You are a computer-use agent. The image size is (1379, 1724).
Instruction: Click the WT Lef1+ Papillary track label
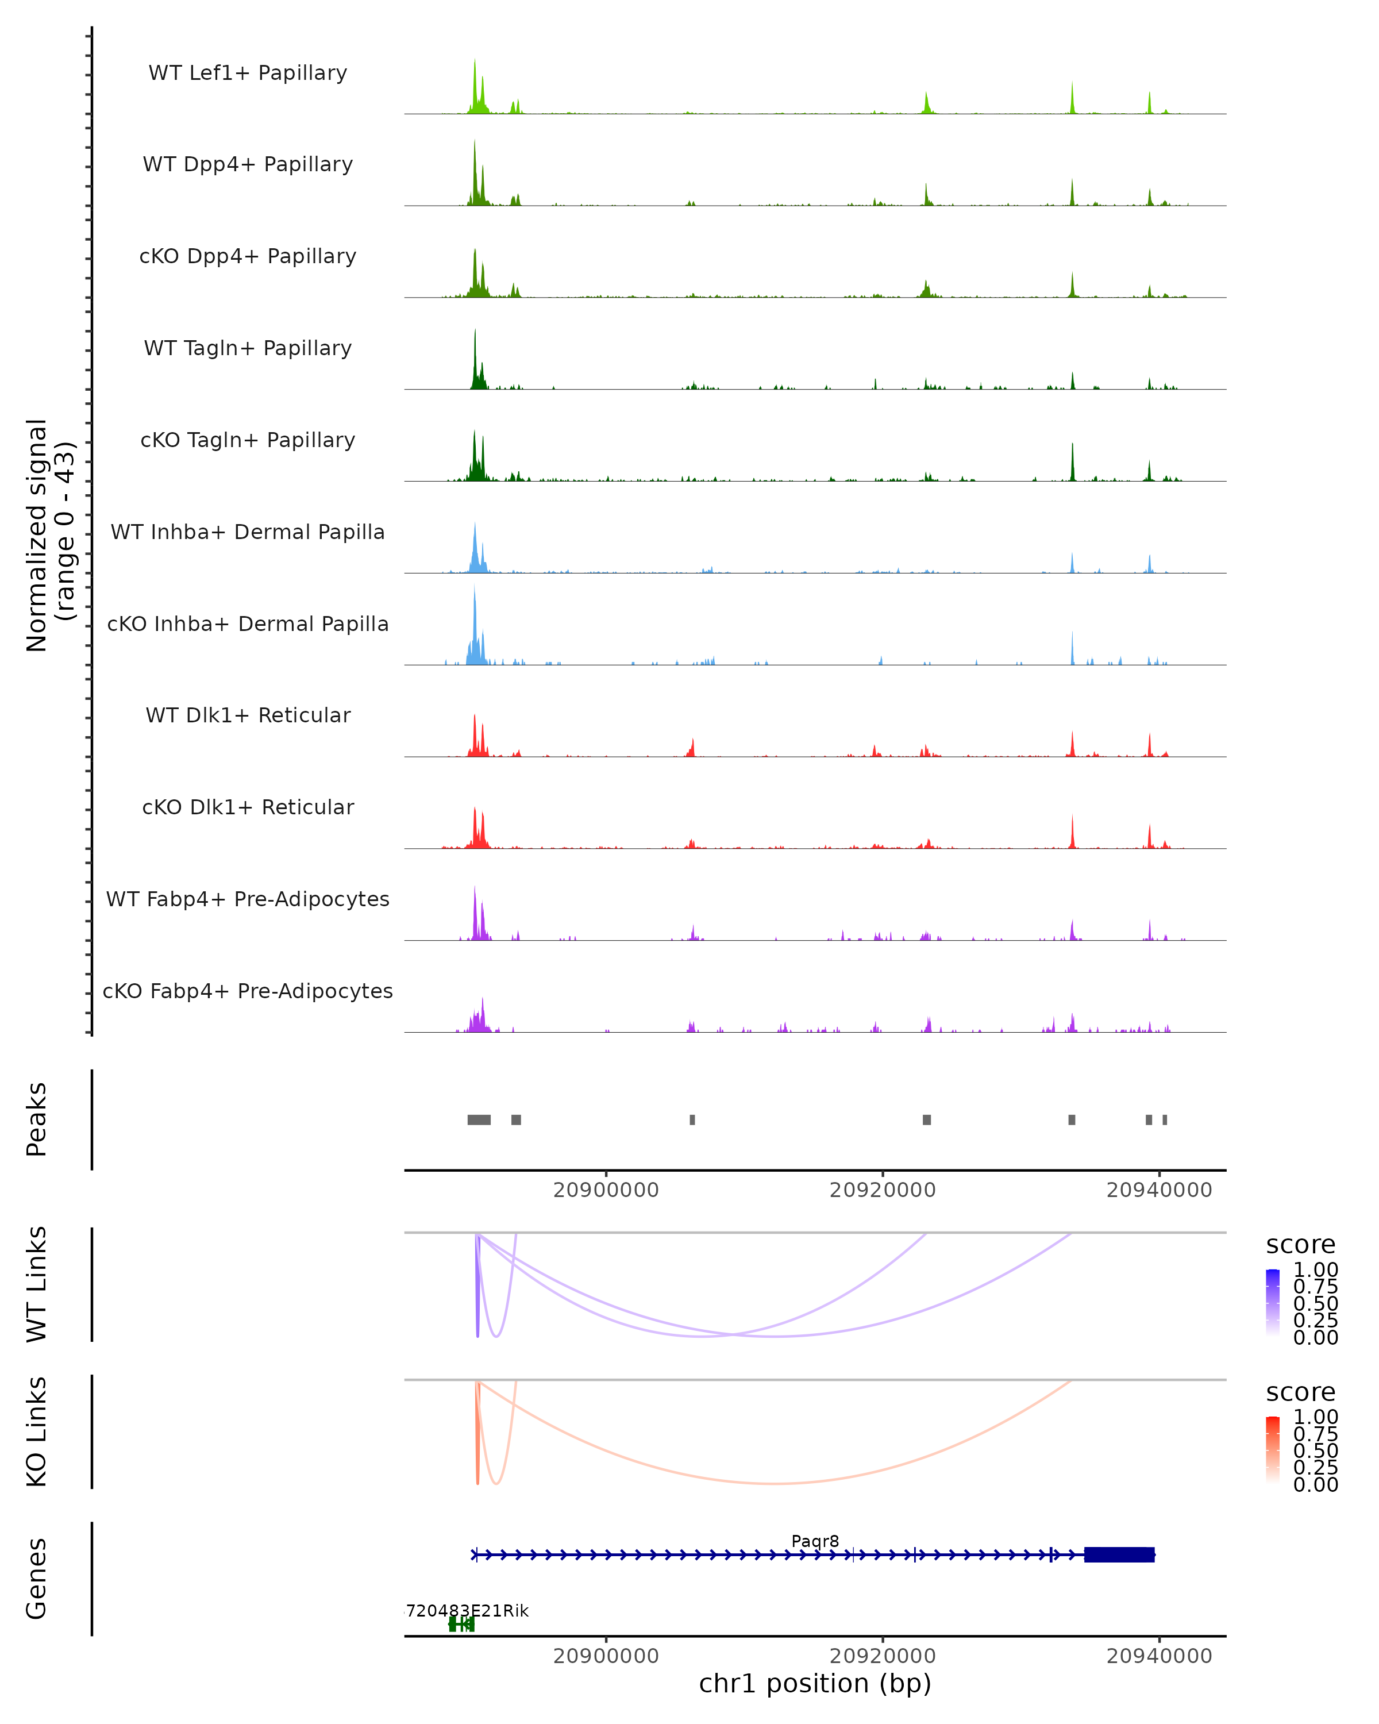248,73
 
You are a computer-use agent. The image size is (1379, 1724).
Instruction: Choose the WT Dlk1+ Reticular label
248,715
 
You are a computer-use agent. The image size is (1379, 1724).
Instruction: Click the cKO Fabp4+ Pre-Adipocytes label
248,991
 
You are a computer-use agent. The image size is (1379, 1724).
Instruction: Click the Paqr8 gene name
815,1541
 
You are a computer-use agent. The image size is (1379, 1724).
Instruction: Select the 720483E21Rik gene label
467,1610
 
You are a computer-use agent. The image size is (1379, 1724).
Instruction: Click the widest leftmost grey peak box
479,1119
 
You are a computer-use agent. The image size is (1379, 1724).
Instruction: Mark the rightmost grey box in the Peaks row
1165,1119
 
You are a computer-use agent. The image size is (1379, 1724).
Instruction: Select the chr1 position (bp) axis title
815,1683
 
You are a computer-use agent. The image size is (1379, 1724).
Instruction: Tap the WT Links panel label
37,1284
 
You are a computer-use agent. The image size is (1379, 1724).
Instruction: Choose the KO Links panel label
37,1431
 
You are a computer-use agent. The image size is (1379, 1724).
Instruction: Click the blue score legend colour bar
1273,1303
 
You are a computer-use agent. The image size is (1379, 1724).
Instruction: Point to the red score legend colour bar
1273,1450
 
